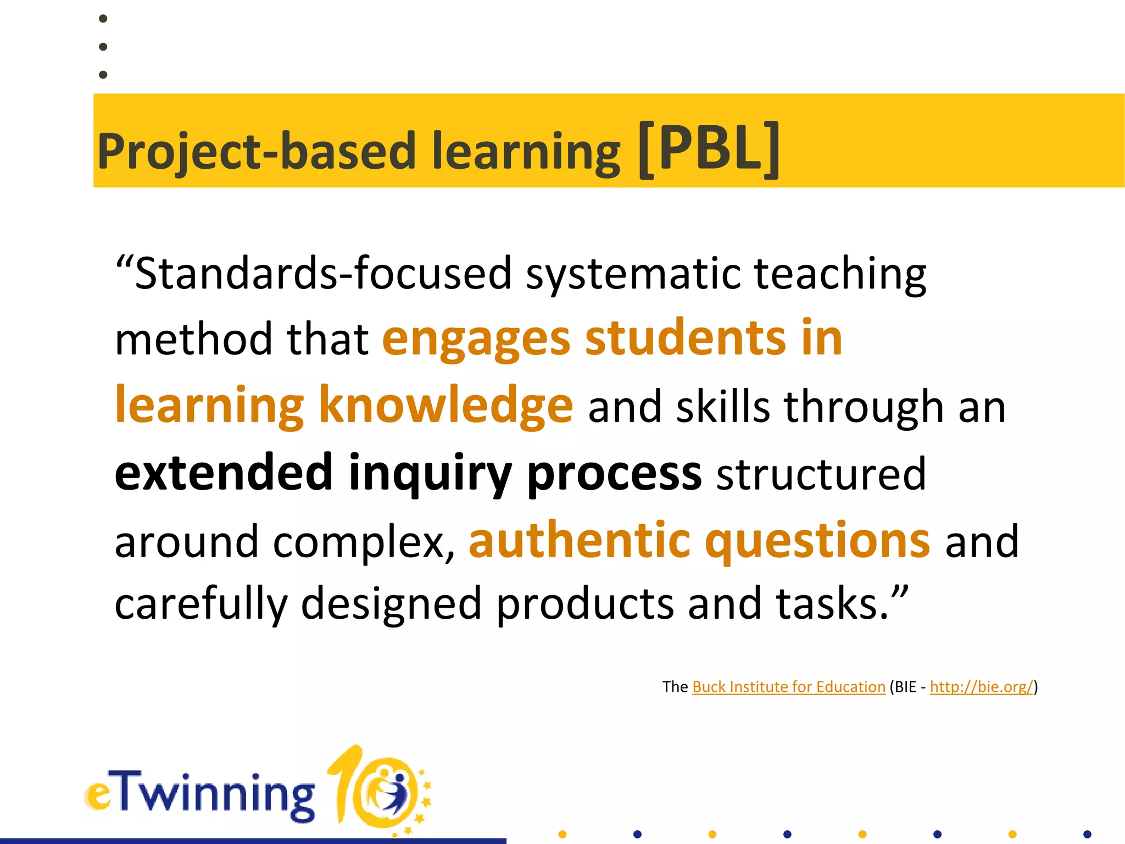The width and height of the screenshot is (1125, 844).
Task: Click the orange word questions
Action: pos(818,542)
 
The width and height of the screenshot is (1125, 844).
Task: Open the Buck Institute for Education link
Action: pos(789,687)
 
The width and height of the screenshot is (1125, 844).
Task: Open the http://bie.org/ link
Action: pos(982,687)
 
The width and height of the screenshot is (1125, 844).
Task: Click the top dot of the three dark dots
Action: pos(103,19)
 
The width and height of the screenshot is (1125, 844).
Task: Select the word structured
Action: pos(821,474)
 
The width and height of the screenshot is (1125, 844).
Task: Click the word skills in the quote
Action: pos(723,407)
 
